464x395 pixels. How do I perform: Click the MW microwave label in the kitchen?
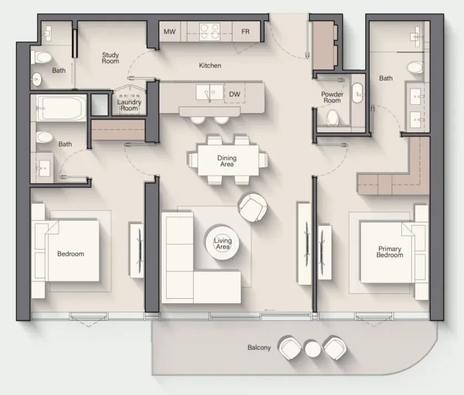(x=169, y=32)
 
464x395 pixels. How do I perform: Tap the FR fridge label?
(x=245, y=32)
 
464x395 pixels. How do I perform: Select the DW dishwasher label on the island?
(x=235, y=94)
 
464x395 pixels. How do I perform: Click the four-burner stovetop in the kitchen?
(x=210, y=32)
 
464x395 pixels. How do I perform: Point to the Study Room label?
(x=110, y=58)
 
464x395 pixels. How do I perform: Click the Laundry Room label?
(x=130, y=105)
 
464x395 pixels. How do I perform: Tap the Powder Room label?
(x=332, y=97)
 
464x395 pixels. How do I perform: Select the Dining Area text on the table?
(x=227, y=161)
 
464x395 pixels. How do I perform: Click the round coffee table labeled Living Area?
(x=223, y=242)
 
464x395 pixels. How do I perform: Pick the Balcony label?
(x=259, y=347)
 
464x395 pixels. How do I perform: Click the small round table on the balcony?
(x=312, y=348)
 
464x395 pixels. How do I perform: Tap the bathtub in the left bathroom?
(x=61, y=108)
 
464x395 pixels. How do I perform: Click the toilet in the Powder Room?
(x=333, y=118)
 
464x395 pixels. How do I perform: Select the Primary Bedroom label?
(x=390, y=252)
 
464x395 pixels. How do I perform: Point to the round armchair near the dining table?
(x=253, y=207)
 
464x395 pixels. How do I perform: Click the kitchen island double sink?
(x=209, y=92)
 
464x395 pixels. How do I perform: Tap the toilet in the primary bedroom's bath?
(x=415, y=68)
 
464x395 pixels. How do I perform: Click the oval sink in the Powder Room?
(x=358, y=93)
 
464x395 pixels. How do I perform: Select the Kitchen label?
(x=210, y=65)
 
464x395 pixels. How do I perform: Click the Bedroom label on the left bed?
(x=71, y=254)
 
